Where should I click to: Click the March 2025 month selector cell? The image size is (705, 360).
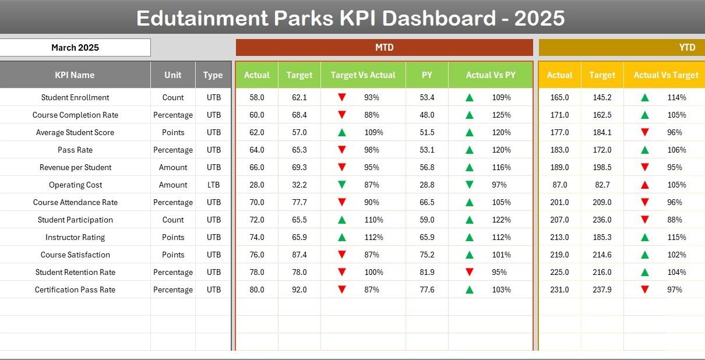(x=75, y=48)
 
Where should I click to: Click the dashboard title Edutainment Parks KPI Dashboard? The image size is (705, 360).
(x=350, y=18)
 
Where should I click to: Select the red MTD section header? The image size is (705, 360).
(x=384, y=48)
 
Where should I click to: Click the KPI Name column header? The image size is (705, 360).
(x=75, y=75)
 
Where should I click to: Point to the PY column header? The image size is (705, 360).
(x=427, y=75)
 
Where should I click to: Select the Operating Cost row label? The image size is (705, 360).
(x=75, y=185)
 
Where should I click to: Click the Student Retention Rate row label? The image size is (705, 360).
(x=75, y=272)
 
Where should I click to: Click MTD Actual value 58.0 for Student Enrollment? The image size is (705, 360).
(x=257, y=97)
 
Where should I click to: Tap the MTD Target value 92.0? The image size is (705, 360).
(x=299, y=290)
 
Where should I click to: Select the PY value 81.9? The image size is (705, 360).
(x=427, y=272)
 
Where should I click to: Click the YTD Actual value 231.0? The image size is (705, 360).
(x=559, y=290)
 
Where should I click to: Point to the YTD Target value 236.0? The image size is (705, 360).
(x=602, y=220)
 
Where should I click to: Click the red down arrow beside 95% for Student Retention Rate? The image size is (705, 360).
(x=469, y=272)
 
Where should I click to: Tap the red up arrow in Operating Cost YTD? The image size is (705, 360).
(x=644, y=185)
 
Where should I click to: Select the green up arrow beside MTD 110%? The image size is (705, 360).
(x=342, y=220)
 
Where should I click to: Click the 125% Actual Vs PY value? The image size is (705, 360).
(x=501, y=115)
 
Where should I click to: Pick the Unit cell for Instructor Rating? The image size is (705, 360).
(x=173, y=237)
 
